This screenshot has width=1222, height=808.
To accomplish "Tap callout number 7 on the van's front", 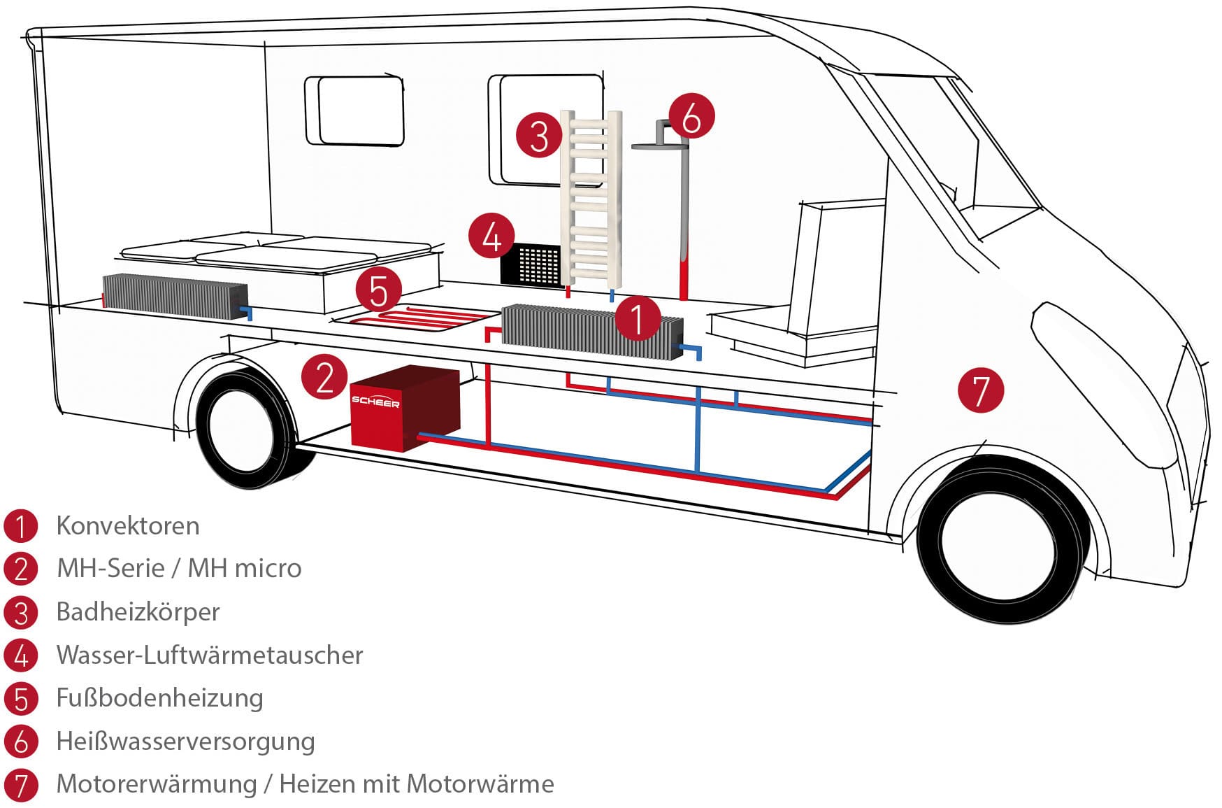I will pos(981,390).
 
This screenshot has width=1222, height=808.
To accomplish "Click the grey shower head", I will pos(658,145).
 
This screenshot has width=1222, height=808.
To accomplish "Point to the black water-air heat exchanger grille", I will pos(532,264).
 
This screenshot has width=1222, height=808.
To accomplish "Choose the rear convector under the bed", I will pos(175,296).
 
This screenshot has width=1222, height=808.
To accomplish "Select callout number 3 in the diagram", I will pos(539,135).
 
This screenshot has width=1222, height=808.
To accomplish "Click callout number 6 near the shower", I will pos(691,116).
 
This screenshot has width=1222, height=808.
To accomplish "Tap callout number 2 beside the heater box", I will pos(324,377).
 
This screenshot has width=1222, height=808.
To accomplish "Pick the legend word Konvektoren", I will pos(128,525).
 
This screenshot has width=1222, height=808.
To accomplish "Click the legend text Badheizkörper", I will pos(138,611).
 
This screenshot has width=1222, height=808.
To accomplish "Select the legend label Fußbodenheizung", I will pos(159,697).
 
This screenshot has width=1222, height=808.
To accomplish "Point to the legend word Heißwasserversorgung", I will pos(185,741).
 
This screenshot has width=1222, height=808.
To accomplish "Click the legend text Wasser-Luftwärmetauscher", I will pos(210,655).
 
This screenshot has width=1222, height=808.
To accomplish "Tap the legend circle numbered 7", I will pos(21,785).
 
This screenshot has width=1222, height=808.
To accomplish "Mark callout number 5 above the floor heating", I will pos(378,290).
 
